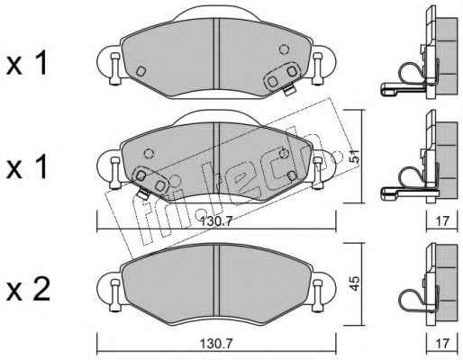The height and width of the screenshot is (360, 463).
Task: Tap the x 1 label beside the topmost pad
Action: click(x=27, y=63)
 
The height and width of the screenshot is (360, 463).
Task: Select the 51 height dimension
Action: click(x=355, y=157)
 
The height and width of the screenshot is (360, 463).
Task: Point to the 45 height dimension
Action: click(x=355, y=283)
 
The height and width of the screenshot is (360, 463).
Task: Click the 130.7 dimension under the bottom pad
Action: click(x=216, y=344)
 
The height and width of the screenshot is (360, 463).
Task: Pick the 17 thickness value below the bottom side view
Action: click(x=442, y=344)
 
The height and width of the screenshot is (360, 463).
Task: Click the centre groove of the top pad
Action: click(x=216, y=54)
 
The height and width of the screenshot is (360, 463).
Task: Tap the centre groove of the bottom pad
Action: click(x=216, y=280)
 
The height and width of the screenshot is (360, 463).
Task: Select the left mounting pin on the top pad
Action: click(x=114, y=68)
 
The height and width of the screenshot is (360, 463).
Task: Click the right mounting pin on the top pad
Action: click(x=317, y=68)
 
